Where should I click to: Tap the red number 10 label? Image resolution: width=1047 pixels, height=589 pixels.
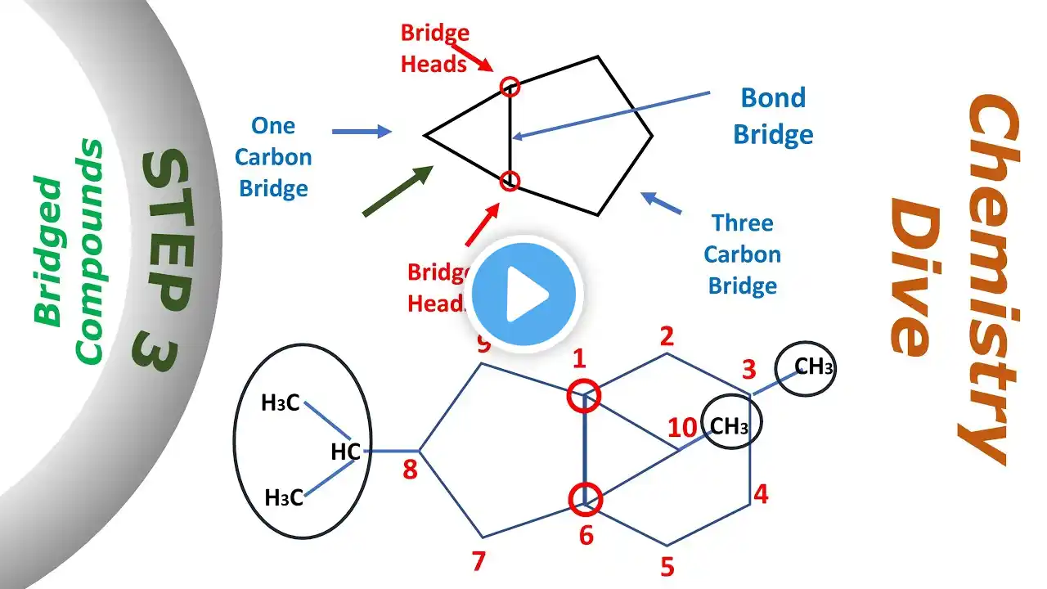coord(682,429)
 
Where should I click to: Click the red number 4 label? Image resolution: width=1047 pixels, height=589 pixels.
coord(761,494)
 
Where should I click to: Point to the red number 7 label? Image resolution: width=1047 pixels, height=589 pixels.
coord(478,561)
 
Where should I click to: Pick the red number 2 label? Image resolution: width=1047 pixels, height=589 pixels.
coord(667,335)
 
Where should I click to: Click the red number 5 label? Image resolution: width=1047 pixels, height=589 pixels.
coord(667,566)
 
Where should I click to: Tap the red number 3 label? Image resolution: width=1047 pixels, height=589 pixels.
coord(748,370)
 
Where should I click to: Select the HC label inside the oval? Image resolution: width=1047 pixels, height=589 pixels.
coord(346,451)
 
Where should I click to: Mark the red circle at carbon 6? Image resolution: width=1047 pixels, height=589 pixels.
coord(585,497)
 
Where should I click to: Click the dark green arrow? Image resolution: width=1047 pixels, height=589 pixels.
coord(398,190)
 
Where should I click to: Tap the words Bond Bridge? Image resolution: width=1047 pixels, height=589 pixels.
coord(773,115)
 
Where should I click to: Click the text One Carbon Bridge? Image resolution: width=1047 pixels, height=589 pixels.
coord(273,157)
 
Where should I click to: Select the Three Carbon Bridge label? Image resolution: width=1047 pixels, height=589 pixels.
coord(742,254)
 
